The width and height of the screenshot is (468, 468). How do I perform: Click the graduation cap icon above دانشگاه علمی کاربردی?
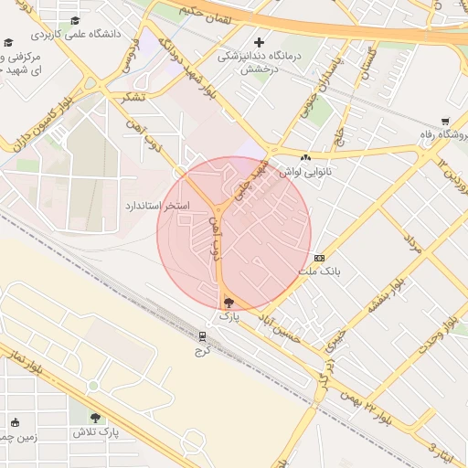point(74,20)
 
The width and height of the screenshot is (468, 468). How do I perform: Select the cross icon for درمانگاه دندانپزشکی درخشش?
point(260,42)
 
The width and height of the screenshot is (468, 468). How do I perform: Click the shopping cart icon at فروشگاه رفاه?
point(445,121)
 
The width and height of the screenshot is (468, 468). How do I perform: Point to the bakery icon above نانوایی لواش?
point(305,157)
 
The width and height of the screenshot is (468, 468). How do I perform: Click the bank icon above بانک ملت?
point(319,258)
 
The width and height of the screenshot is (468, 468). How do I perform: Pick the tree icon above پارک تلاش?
point(95,417)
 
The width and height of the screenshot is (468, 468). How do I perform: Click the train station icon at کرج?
point(202,336)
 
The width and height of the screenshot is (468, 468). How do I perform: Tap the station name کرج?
point(203,350)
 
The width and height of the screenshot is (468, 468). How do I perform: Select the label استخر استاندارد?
point(156,206)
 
